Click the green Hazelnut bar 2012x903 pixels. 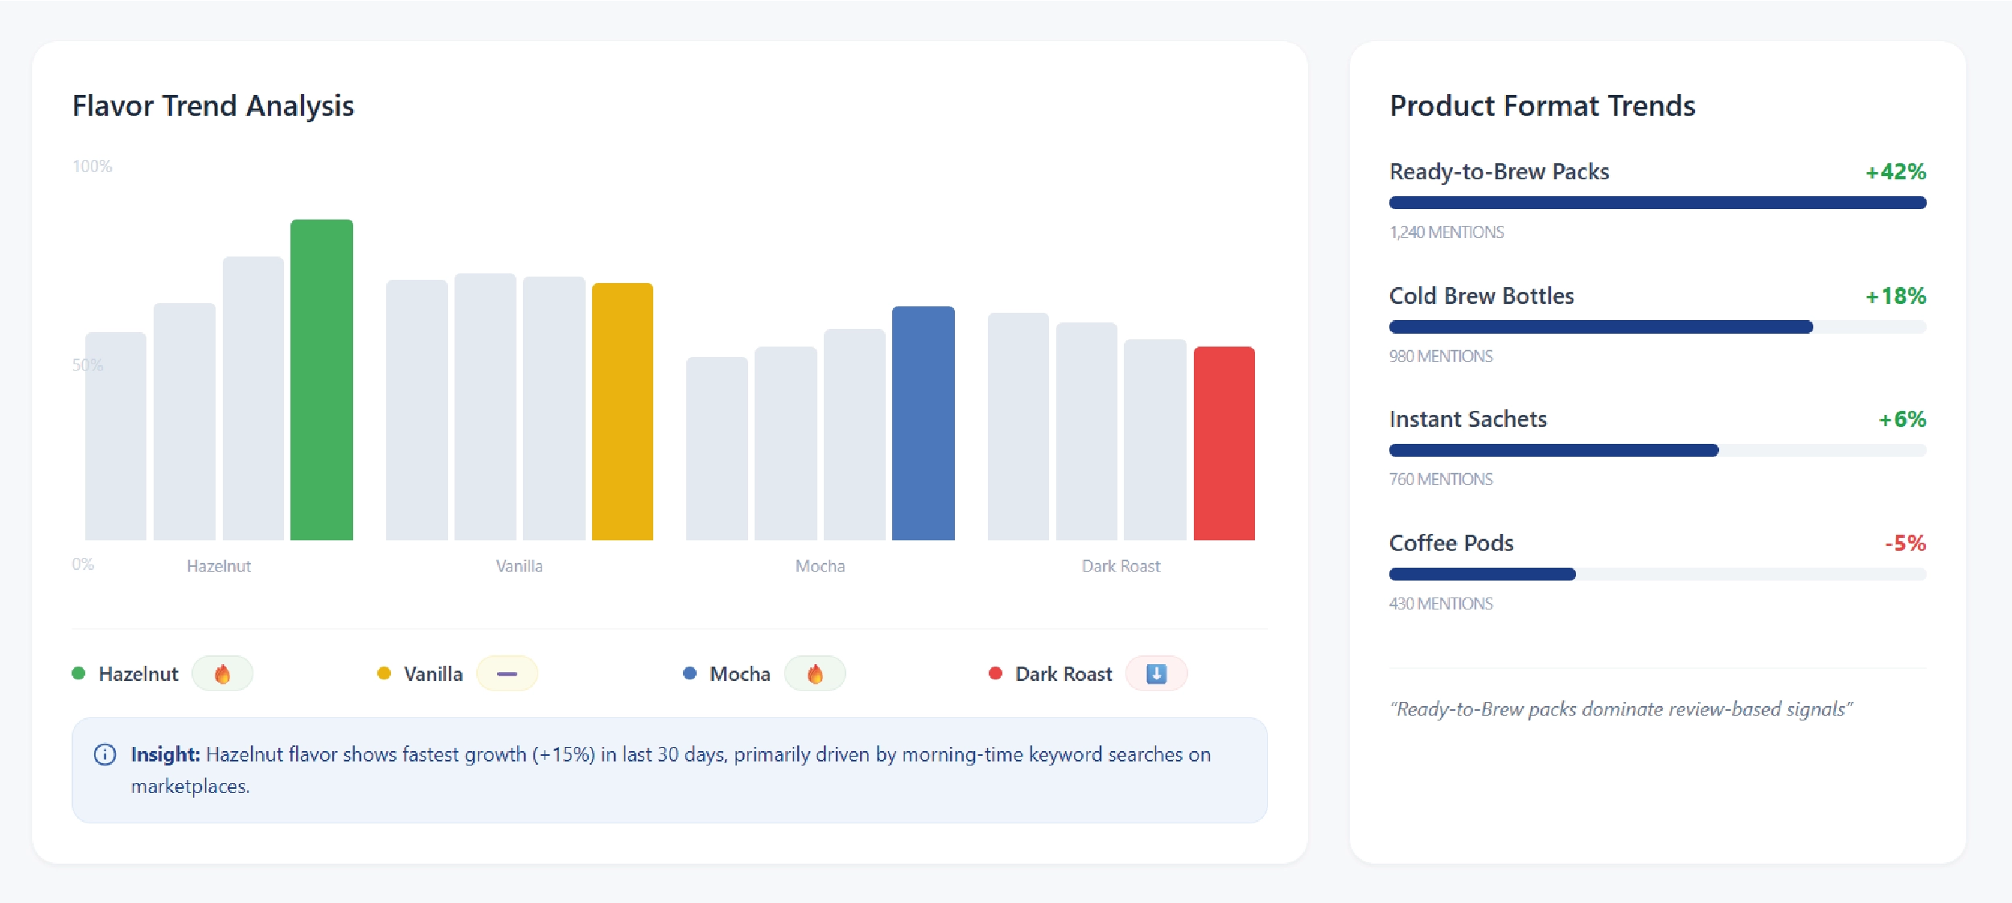point(322,380)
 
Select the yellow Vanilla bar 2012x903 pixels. point(623,412)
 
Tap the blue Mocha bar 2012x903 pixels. point(924,423)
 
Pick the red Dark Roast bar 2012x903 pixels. point(1224,443)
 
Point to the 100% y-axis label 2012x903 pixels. point(93,166)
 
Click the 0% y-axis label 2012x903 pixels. point(83,564)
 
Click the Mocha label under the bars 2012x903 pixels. point(820,566)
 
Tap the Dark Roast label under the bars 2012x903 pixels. point(1121,566)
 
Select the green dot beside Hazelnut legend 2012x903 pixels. point(79,673)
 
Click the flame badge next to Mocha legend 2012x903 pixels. point(815,674)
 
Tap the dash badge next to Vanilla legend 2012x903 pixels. point(507,674)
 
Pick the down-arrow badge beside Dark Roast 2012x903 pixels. point(1156,674)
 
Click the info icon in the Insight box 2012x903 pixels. point(105,754)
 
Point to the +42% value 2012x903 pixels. point(1895,172)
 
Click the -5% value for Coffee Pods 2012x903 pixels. point(1905,544)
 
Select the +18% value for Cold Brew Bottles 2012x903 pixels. point(1895,297)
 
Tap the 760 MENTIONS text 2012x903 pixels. point(1441,479)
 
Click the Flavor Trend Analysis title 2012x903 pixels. point(213,106)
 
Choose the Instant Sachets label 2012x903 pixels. point(1467,420)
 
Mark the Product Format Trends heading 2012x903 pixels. point(1542,106)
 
